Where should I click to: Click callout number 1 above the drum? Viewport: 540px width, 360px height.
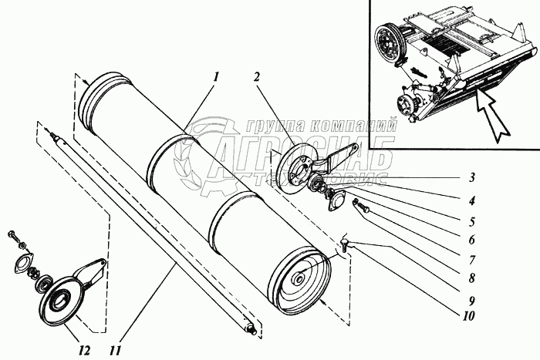click(x=218, y=76)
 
